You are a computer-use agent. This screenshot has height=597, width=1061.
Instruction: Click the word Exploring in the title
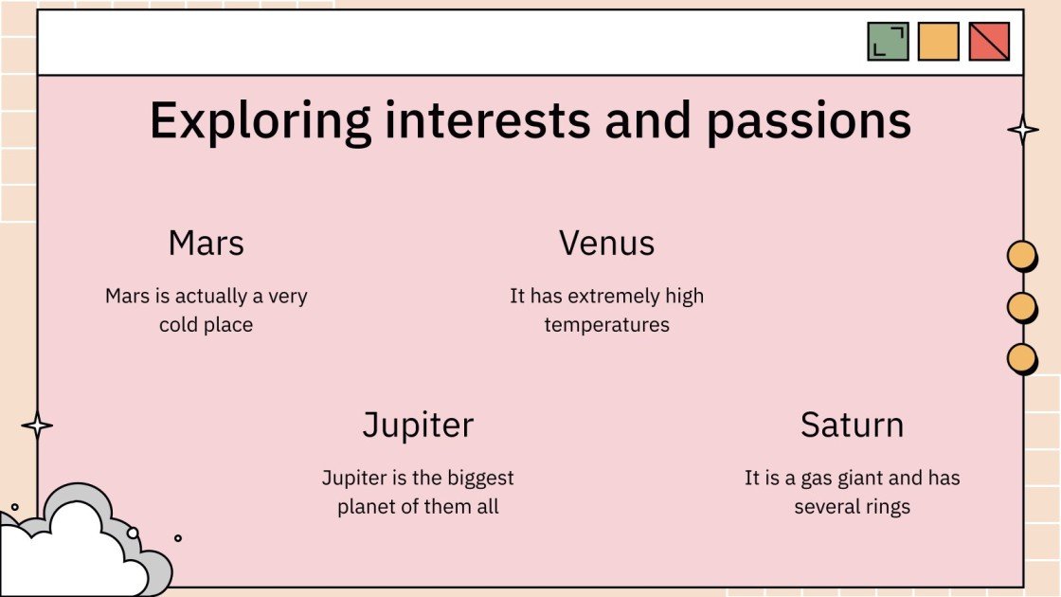tap(260, 121)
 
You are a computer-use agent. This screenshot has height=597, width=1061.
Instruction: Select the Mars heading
tap(206, 244)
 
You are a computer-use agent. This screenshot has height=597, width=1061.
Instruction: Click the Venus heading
tap(606, 244)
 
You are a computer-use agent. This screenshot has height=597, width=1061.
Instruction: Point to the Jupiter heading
tap(418, 425)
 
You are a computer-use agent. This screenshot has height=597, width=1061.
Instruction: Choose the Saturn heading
tap(852, 425)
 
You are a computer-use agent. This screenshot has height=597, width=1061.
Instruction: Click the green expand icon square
tap(888, 42)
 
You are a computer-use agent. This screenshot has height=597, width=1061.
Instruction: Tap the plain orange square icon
tap(938, 42)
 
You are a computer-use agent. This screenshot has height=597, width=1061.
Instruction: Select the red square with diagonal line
tap(989, 42)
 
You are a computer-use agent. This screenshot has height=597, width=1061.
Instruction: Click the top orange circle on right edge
tap(1020, 256)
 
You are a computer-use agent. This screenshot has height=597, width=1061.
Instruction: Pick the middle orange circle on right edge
tap(1020, 307)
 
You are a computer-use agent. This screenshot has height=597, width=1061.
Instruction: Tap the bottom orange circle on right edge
tap(1020, 358)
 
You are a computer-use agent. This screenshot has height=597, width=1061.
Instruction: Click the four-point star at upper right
tap(1022, 130)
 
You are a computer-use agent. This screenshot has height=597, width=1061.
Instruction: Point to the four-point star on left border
tap(37, 425)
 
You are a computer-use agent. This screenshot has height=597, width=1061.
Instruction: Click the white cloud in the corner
tap(66, 550)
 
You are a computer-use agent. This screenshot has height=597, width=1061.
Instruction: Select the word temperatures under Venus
tap(606, 325)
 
